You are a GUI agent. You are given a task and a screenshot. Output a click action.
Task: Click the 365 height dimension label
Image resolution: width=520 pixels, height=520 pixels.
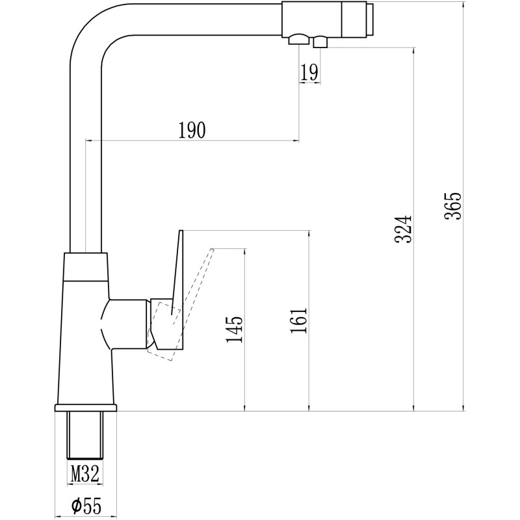(452, 205)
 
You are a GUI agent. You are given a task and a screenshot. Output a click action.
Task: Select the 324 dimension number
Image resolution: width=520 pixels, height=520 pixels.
(404, 229)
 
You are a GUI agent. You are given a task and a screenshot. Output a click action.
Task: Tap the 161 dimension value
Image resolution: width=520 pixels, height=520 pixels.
(299, 320)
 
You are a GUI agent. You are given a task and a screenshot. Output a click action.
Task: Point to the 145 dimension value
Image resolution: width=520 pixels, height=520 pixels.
(235, 329)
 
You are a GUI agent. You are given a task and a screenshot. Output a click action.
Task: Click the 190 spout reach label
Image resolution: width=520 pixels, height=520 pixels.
(192, 131)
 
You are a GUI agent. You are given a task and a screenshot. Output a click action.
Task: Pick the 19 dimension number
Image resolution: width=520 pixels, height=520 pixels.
(309, 73)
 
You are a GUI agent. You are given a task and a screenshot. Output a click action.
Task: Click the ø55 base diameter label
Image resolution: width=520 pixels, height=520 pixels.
(86, 506)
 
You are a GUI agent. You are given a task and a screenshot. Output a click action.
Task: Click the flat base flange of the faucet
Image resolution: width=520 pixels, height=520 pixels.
(86, 408)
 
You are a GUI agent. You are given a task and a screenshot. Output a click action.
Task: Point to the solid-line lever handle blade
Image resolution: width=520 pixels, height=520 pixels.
(177, 272)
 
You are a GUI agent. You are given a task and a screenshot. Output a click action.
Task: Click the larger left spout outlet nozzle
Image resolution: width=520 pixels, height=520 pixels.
(299, 39)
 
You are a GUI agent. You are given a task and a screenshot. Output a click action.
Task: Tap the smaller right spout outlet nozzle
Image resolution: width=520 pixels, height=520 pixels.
(320, 42)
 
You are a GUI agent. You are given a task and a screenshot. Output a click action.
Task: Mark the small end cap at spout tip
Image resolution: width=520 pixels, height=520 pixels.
(370, 19)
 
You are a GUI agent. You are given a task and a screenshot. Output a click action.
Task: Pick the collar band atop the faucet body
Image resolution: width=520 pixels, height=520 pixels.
(86, 267)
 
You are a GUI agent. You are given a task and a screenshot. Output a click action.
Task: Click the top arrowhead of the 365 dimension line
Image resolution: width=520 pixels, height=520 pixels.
(463, 6)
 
